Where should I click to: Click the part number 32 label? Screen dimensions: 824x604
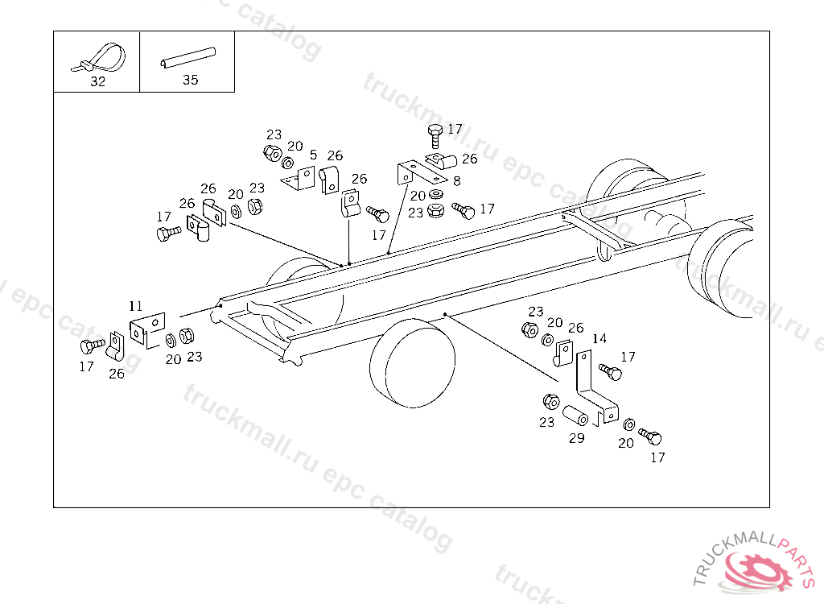[x=97, y=81]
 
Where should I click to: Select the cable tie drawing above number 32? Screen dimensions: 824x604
[x=102, y=59]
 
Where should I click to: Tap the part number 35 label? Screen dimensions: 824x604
[x=190, y=80]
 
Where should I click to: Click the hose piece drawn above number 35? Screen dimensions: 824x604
[x=188, y=59]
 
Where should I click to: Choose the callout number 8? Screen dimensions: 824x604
[x=456, y=181]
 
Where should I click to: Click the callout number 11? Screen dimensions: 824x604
[x=136, y=306]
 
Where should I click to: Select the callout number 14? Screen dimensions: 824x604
[x=599, y=338]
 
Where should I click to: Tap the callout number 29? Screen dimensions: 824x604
[x=576, y=438]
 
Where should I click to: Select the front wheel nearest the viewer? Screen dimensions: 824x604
[x=411, y=365]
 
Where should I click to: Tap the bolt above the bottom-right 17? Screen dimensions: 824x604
[x=650, y=437]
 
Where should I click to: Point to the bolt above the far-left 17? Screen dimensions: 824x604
[x=92, y=347]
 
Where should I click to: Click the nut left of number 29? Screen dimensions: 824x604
[x=551, y=402]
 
